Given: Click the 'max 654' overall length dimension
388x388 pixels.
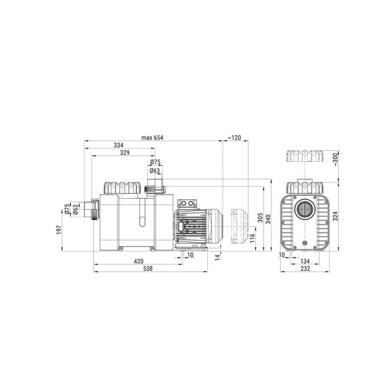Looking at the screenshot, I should [x=152, y=138].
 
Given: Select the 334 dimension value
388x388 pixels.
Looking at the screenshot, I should [x=119, y=145].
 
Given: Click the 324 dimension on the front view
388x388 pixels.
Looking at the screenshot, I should [x=335, y=215].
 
